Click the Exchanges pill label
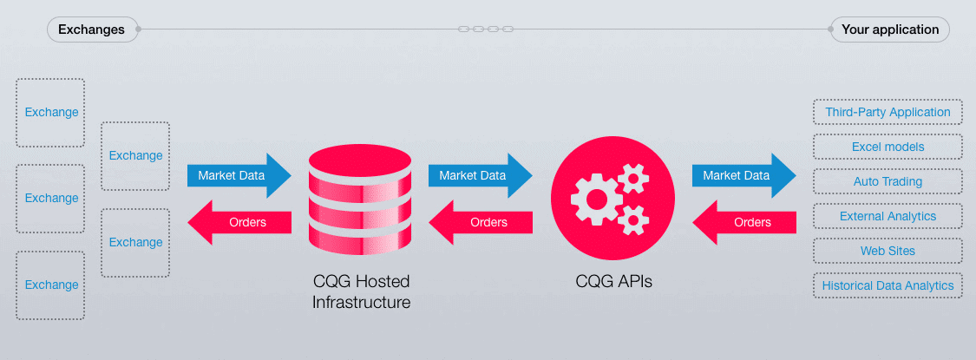click(x=92, y=29)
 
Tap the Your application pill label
click(x=890, y=29)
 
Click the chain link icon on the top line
click(x=486, y=29)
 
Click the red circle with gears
click(x=611, y=197)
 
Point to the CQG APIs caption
click(x=613, y=282)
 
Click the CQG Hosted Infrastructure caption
click(x=361, y=292)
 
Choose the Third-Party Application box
click(x=888, y=112)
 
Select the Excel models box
click(x=888, y=147)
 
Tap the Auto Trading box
click(x=888, y=182)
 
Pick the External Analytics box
click(x=888, y=216)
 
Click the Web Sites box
click(x=888, y=251)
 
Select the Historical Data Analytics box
click(x=888, y=285)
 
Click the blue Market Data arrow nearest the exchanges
click(x=239, y=175)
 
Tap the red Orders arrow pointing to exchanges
click(x=239, y=222)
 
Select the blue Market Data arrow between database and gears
click(x=481, y=175)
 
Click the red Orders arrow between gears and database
click(x=481, y=222)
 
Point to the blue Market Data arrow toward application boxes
click(x=744, y=175)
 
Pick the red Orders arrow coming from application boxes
click(x=744, y=222)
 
